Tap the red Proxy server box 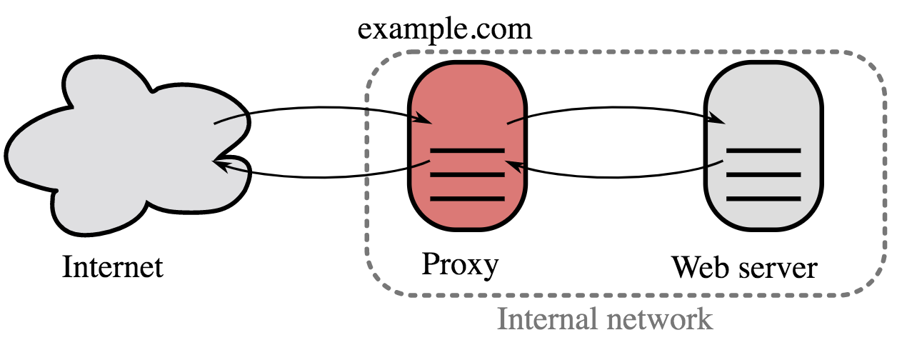(467, 107)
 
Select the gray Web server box (763, 107)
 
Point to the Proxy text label (459, 264)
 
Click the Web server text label (743, 268)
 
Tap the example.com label (446, 29)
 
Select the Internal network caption (604, 319)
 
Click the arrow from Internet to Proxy (321, 110)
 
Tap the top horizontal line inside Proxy (467, 151)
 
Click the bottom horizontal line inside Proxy (467, 198)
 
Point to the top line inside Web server (763, 151)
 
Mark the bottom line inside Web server (763, 198)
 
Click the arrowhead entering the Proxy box (426, 121)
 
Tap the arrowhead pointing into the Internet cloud (221, 164)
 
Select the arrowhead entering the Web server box (720, 121)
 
